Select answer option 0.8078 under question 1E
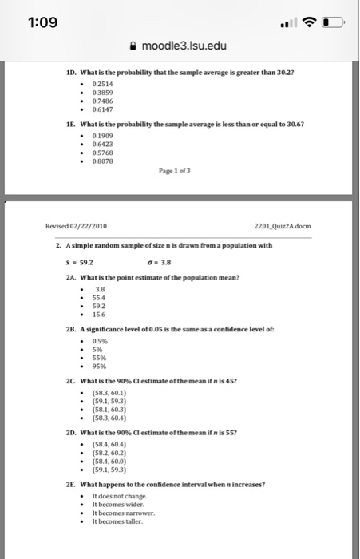click(x=103, y=163)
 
